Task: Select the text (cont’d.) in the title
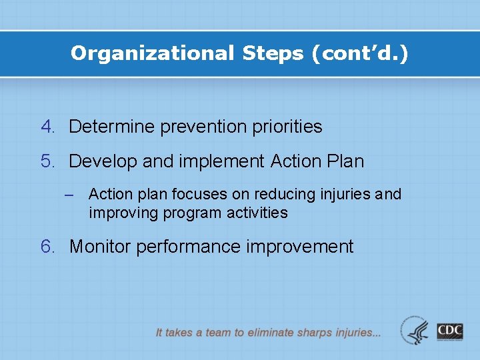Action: (x=360, y=53)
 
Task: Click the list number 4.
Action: (x=48, y=127)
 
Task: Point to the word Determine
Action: (x=112, y=127)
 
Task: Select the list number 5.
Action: (x=48, y=161)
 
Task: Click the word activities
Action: (x=256, y=213)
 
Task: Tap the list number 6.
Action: (x=48, y=247)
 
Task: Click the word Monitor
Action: (x=100, y=247)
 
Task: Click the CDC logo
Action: (x=450, y=331)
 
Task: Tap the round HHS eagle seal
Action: (x=415, y=331)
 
